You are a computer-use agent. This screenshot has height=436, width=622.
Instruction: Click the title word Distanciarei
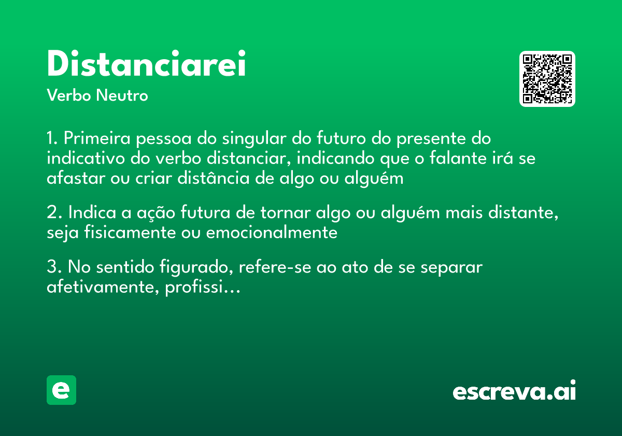click(146, 64)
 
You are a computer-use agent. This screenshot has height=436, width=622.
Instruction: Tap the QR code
click(547, 79)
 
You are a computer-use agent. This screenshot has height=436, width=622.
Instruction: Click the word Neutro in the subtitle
click(122, 96)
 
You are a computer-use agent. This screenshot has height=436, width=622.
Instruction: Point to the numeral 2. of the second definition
click(54, 213)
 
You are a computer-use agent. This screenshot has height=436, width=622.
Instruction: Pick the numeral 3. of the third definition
click(54, 267)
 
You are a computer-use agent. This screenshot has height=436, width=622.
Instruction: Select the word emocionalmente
click(272, 233)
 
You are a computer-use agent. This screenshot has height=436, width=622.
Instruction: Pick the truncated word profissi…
click(203, 287)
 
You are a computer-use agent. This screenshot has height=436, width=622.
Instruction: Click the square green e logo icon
click(61, 390)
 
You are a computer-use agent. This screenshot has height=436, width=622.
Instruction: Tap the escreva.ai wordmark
click(514, 391)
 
